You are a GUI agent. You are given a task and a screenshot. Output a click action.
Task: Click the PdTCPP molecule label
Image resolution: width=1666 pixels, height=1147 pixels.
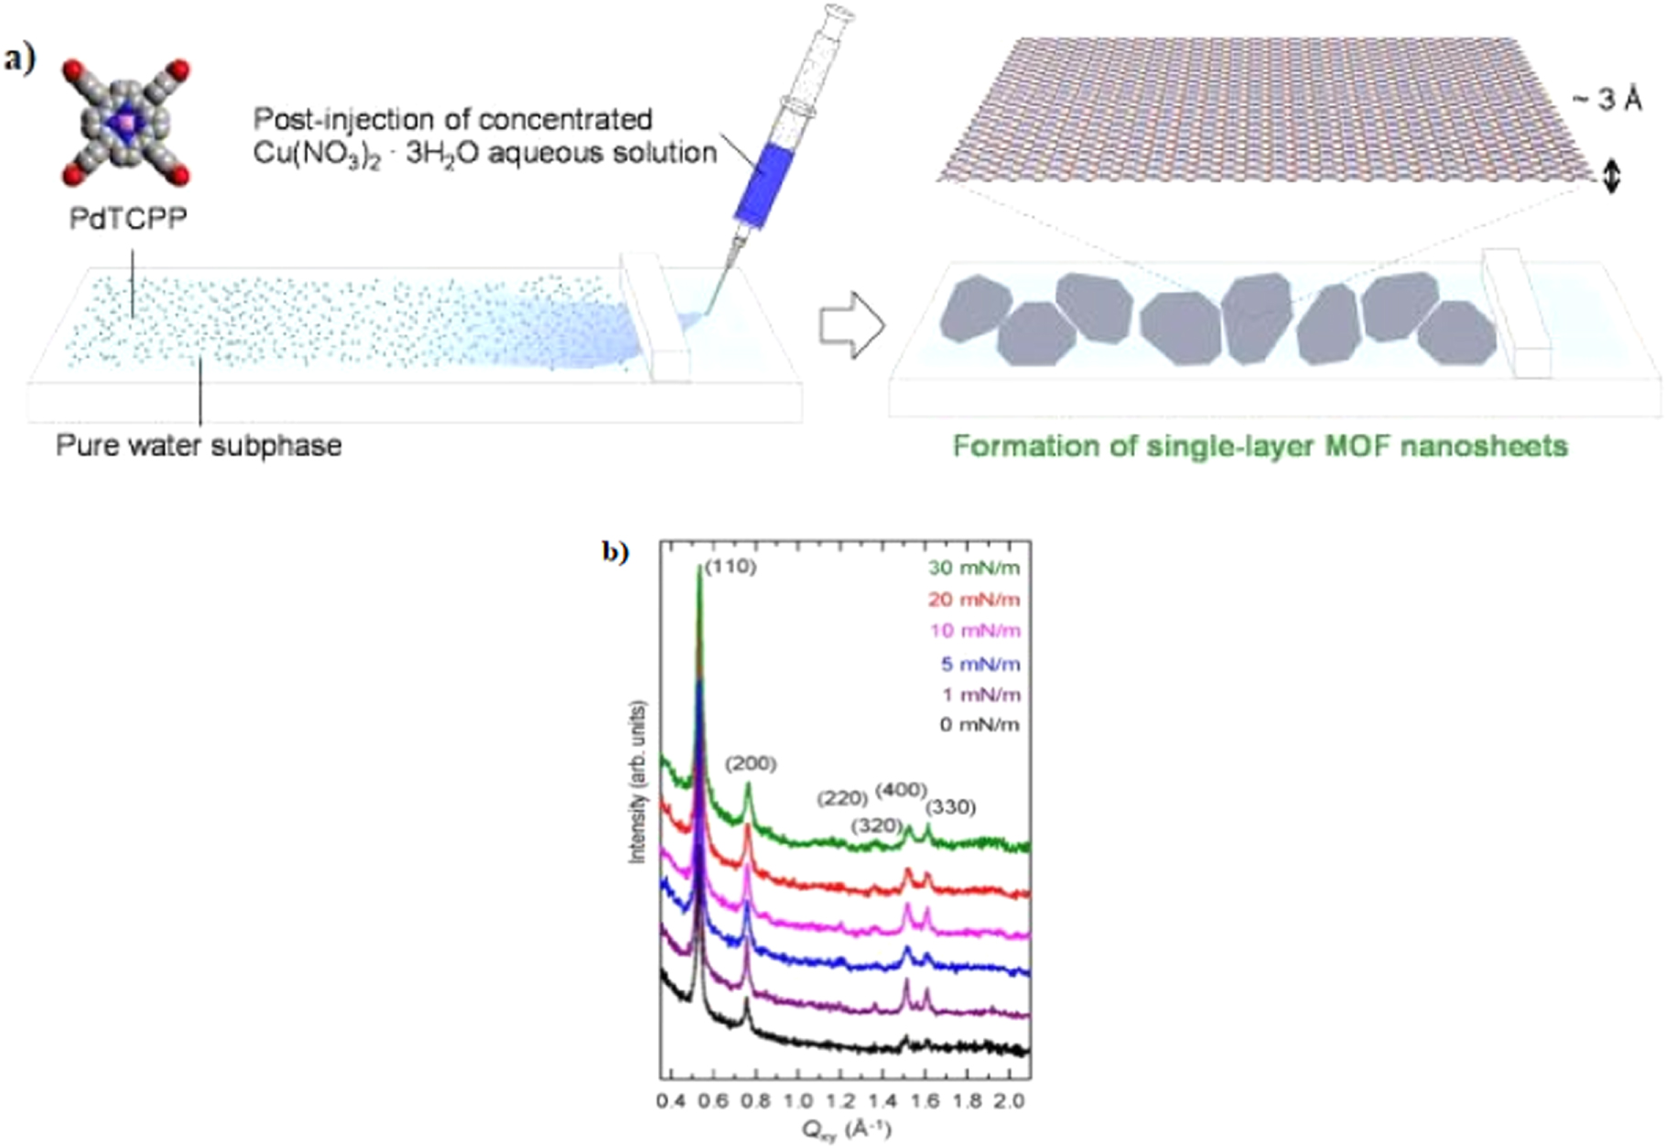click(128, 219)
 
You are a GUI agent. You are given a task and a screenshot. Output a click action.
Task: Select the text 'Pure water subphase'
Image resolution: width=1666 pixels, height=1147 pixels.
click(199, 446)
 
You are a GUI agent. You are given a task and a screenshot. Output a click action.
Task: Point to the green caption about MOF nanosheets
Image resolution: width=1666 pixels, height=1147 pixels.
click(1260, 447)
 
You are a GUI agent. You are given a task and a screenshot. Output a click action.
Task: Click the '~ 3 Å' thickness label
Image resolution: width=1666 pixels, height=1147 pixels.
click(1607, 99)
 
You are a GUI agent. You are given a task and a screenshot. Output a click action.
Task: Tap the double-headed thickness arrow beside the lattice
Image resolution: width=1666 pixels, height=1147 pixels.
click(1612, 174)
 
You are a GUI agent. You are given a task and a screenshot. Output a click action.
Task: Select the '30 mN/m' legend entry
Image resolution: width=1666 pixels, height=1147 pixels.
click(974, 568)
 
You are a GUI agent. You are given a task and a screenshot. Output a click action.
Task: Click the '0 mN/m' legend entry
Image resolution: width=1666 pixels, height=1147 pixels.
click(979, 725)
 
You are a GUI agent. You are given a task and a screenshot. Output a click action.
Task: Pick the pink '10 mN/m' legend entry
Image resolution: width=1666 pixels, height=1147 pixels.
click(974, 631)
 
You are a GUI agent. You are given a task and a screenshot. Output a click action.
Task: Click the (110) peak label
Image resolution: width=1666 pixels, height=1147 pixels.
click(730, 567)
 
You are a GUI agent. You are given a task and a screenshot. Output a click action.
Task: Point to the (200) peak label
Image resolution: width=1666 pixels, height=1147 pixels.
click(751, 763)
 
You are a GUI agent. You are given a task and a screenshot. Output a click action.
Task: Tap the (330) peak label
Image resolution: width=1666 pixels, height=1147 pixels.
click(950, 807)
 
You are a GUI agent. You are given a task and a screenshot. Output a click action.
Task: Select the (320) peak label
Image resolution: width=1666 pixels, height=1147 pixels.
click(877, 826)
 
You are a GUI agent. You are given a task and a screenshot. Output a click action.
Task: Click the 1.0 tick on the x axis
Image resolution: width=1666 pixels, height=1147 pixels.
click(798, 1099)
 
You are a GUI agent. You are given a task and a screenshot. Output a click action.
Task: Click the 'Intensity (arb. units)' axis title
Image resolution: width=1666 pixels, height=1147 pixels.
click(638, 782)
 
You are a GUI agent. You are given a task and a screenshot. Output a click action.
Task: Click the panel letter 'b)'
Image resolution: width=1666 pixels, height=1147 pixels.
click(615, 552)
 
